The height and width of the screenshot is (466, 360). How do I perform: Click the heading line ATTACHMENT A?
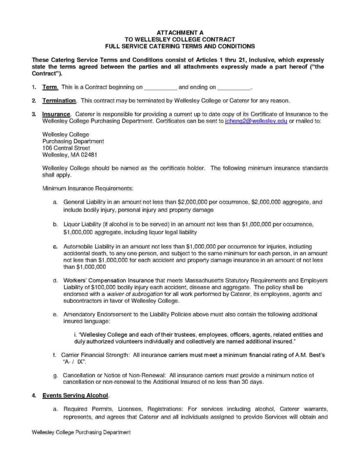tap(180, 33)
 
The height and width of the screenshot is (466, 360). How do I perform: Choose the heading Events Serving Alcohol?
tap(75, 395)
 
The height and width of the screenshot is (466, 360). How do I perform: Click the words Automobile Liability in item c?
tap(89, 246)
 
